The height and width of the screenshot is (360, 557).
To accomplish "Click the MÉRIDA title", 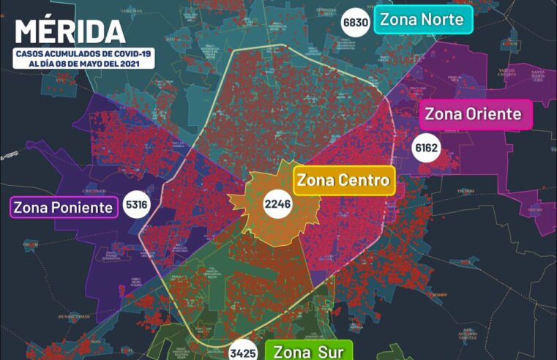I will click(x=70, y=31).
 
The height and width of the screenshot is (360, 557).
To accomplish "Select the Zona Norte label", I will click(x=423, y=20).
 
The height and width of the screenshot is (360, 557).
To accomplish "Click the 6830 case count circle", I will click(x=356, y=23).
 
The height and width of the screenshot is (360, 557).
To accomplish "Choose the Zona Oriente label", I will click(x=474, y=114).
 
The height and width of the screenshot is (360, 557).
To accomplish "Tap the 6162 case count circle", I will click(x=426, y=149).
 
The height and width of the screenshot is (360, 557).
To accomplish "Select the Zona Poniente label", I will click(x=64, y=207).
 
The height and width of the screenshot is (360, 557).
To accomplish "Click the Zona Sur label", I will click(x=308, y=351).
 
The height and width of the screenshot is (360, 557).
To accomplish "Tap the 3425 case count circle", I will click(x=242, y=353).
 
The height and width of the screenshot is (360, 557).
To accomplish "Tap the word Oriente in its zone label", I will click(x=493, y=114).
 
